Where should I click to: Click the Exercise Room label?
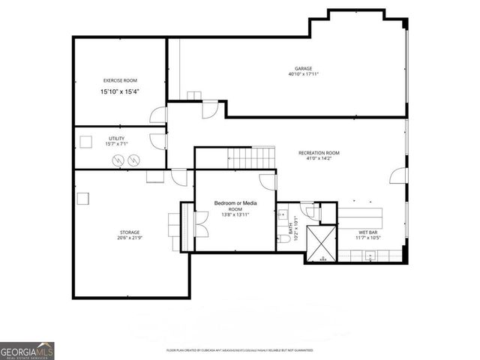120,80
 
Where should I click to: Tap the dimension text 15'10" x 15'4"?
120,91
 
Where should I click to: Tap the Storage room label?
128,232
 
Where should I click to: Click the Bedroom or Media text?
235,203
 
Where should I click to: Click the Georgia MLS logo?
27,350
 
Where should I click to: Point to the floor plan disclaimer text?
239,350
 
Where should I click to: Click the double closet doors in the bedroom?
198,221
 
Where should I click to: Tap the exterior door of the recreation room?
398,177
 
